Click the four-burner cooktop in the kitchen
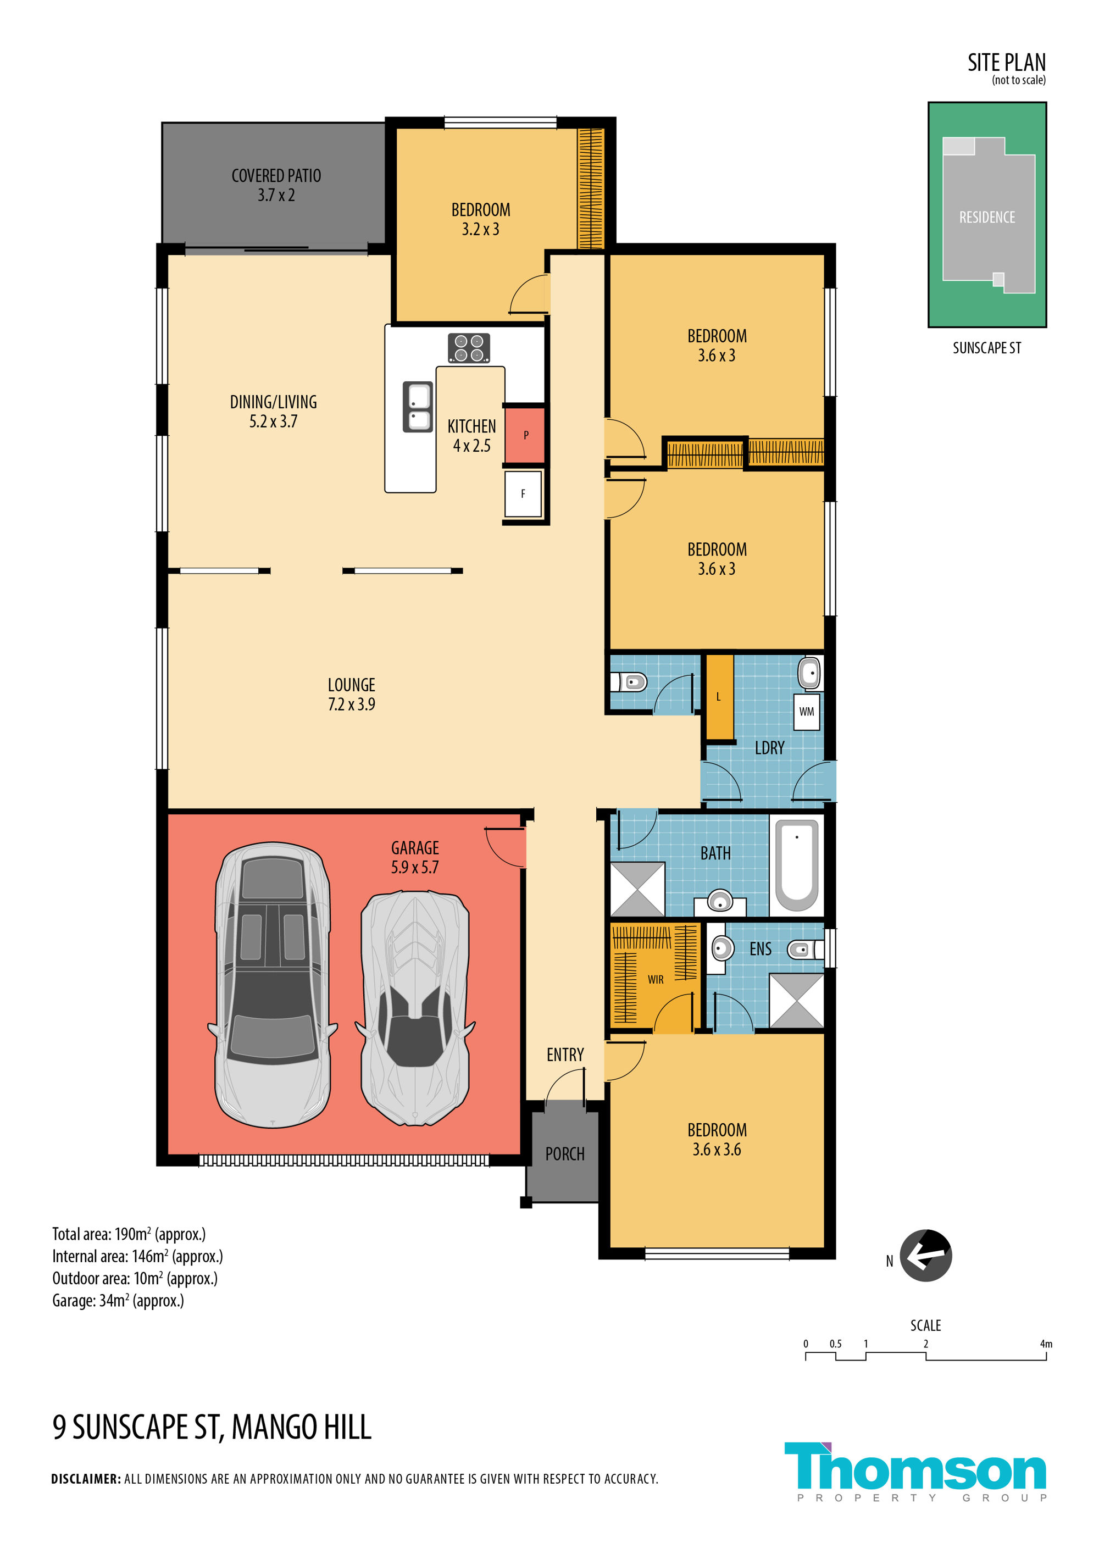pos(468,348)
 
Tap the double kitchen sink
pos(418,407)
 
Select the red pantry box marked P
pos(524,435)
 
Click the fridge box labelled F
pos(523,494)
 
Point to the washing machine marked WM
pos(806,712)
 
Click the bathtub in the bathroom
pos(797,865)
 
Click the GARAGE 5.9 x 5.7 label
pos(415,858)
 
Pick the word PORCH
pos(565,1154)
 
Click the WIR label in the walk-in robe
pos(655,979)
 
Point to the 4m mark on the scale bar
pos(1046,1344)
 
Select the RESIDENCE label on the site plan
pos(987,217)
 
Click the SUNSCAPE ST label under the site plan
pos(987,348)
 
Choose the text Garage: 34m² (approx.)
pos(119,1301)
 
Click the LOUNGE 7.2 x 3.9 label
pos(351,695)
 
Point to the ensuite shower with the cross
pos(797,1001)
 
